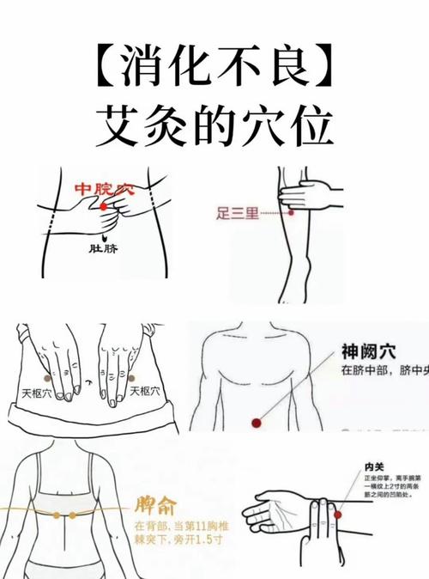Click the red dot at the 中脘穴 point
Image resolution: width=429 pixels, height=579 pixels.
[104, 207]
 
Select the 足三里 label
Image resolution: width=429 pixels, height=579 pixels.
[237, 211]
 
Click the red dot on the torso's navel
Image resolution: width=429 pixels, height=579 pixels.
[254, 422]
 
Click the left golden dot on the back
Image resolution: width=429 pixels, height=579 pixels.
[57, 515]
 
